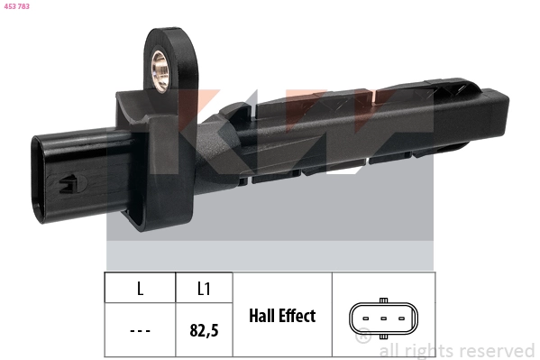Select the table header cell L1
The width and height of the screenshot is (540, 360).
(x=204, y=288)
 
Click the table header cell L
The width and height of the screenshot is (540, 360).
(x=140, y=288)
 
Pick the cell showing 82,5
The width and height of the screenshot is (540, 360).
(x=204, y=330)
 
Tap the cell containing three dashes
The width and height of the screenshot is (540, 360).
(x=140, y=330)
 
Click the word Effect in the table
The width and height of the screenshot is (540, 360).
(x=298, y=316)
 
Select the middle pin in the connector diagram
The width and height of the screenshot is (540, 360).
(x=383, y=319)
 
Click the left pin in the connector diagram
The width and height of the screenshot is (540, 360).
(x=365, y=319)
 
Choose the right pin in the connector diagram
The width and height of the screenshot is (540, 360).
(x=401, y=319)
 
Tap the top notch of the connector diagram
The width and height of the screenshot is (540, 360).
(x=383, y=300)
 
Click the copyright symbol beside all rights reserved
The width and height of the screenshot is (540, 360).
(x=363, y=338)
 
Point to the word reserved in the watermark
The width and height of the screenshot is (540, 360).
(x=496, y=350)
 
